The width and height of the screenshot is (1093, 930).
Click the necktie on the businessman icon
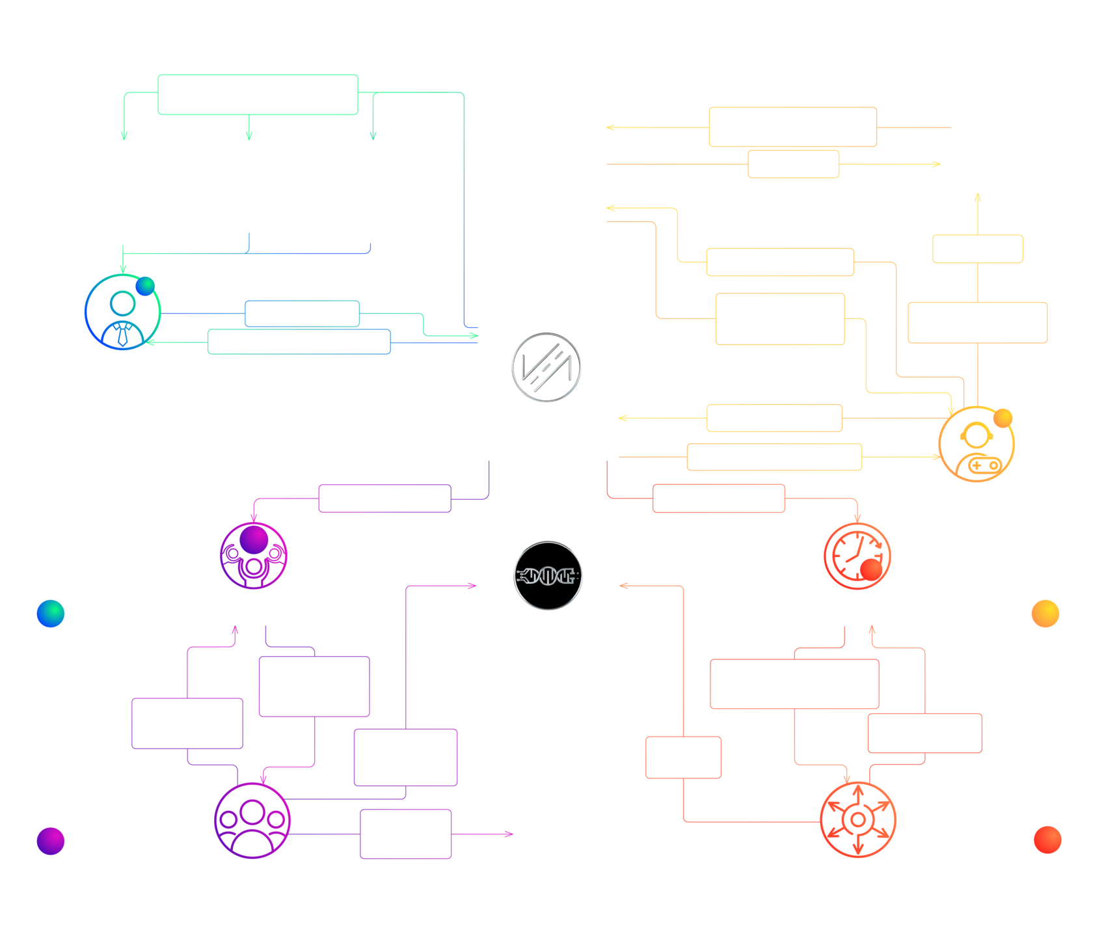click(x=122, y=336)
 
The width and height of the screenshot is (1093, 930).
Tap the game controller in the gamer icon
click(x=984, y=465)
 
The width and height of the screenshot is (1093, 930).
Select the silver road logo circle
click(x=546, y=367)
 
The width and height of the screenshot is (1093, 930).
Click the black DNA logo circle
click(x=548, y=575)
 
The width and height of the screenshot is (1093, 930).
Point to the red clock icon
click(x=857, y=556)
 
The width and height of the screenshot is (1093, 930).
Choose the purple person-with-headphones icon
click(x=254, y=556)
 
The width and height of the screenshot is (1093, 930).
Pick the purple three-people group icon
click(x=252, y=821)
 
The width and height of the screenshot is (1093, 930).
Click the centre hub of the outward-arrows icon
click(x=858, y=819)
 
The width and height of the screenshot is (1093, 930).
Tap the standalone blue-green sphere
click(x=51, y=613)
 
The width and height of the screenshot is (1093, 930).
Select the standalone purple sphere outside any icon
click(x=51, y=841)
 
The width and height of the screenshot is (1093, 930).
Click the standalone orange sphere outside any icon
click(x=1046, y=613)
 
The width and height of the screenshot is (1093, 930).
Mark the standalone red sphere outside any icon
click(x=1047, y=840)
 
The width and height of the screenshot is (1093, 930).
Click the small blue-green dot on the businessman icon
click(x=145, y=286)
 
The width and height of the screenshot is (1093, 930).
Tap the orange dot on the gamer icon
click(x=1003, y=418)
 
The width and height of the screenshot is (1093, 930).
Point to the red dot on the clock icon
click(x=871, y=569)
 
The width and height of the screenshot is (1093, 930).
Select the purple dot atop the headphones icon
click(x=254, y=540)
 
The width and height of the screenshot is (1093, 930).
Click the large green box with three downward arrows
click(x=258, y=94)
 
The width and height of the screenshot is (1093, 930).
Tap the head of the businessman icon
click(x=122, y=303)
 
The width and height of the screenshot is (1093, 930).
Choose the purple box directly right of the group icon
click(x=405, y=834)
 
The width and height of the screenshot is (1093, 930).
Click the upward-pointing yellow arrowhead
click(x=978, y=197)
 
